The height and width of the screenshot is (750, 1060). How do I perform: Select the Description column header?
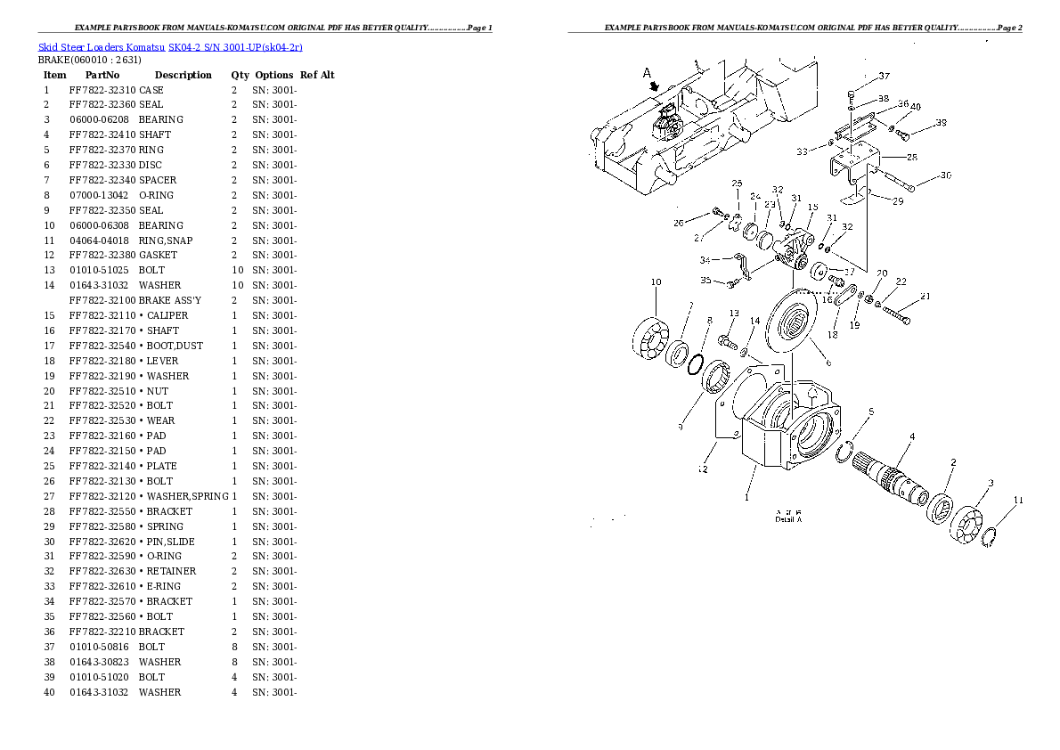click(183, 75)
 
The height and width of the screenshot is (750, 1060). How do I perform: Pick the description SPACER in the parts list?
click(158, 180)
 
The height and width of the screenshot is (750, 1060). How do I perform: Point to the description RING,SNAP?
click(166, 240)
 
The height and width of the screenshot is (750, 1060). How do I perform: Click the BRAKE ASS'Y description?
click(170, 300)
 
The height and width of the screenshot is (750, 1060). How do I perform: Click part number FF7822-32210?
click(102, 632)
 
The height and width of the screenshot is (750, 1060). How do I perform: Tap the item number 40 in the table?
click(49, 692)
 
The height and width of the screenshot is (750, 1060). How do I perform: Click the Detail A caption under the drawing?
click(788, 519)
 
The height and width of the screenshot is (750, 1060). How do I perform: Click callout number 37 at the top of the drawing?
click(884, 76)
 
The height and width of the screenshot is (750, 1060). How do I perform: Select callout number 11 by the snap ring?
click(1018, 500)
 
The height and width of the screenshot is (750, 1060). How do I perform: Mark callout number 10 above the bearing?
click(656, 282)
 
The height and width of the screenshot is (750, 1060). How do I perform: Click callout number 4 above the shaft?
click(911, 436)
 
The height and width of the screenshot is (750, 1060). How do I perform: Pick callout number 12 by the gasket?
click(703, 469)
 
